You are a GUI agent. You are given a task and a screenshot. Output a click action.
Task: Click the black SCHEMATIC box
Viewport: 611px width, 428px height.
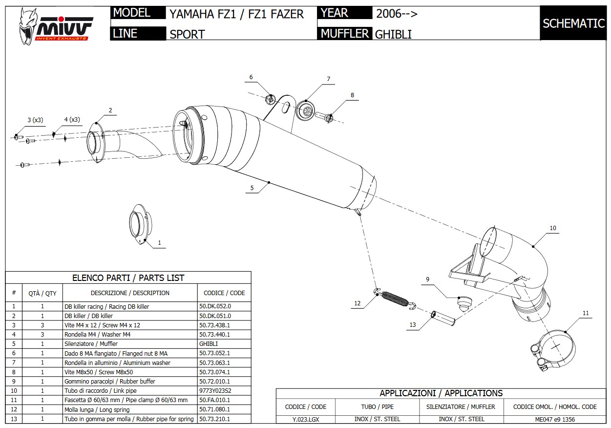point(573,23)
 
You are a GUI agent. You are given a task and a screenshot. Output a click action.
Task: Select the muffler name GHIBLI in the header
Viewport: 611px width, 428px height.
point(393,34)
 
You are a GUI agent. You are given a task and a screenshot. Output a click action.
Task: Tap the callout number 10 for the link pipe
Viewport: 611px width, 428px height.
point(553,228)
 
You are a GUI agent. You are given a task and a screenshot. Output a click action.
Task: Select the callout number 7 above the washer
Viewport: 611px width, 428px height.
point(329,79)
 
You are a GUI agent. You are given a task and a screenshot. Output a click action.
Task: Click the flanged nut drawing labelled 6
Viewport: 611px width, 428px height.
point(270,99)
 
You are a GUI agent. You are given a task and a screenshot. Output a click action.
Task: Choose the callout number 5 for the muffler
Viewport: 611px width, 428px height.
point(252,188)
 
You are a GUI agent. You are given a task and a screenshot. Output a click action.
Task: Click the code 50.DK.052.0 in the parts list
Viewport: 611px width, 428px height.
point(215,306)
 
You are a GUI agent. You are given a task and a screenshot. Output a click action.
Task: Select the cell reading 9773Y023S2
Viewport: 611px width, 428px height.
point(215,390)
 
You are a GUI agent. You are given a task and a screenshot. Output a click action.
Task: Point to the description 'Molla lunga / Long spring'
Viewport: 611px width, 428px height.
point(97,409)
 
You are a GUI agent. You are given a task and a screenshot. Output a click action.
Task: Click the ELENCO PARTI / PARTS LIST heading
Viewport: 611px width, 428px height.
point(128,278)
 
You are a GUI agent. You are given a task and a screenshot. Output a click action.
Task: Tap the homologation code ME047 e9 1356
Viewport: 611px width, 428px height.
point(555,419)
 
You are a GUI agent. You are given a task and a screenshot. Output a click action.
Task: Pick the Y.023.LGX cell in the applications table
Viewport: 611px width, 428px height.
point(306,419)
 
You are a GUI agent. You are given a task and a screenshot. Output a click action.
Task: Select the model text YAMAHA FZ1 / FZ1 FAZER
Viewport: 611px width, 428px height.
point(236,14)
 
